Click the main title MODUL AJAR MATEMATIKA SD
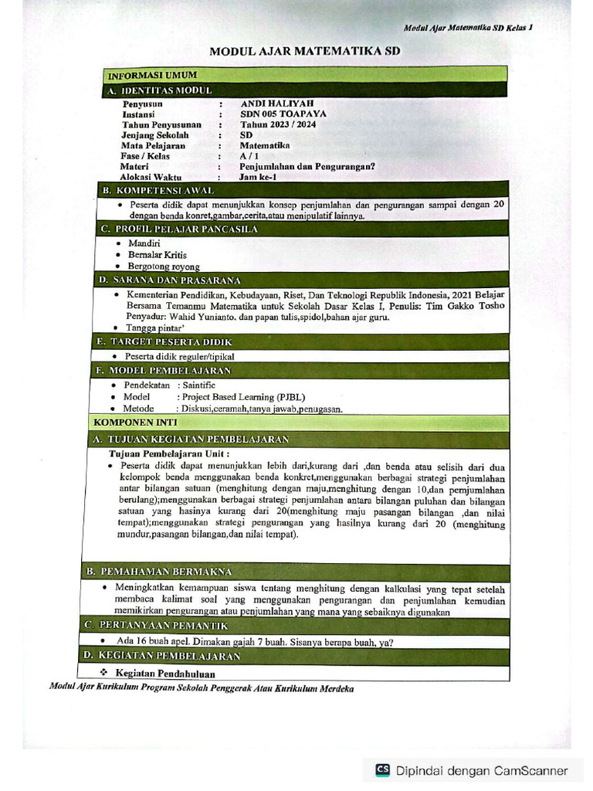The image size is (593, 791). coord(305,52)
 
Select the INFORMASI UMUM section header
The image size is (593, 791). coord(152,75)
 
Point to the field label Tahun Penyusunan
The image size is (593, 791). coord(161,124)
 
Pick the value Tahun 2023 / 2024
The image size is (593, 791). coord(278,124)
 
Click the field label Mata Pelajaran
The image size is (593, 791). coord(153,145)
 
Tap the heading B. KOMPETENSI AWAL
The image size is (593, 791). coord(164,190)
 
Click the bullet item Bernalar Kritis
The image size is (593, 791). coord(157,254)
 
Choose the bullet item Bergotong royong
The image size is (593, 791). coord(163,266)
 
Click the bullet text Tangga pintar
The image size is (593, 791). coord(152,328)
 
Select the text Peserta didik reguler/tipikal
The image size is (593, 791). coord(179,356)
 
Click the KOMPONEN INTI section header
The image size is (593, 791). coord(135,423)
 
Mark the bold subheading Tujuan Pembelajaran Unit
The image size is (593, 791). coord(169,453)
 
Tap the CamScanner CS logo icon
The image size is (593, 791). coord(382,769)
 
